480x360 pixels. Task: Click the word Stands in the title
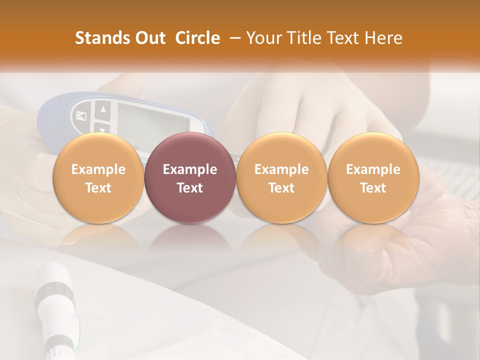click(x=101, y=38)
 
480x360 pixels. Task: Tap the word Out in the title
click(x=148, y=38)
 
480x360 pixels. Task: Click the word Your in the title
click(x=263, y=38)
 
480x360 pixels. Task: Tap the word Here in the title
click(x=385, y=38)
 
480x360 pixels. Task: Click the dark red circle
click(x=190, y=150)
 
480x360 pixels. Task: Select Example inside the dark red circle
click(x=190, y=169)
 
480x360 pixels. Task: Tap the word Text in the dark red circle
click(x=190, y=188)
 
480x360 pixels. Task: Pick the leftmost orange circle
click(x=98, y=150)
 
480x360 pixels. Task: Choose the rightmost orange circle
click(x=373, y=150)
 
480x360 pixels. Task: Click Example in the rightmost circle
click(x=373, y=169)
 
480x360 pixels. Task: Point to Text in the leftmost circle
click(x=98, y=188)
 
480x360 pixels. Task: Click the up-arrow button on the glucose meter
click(x=103, y=109)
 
